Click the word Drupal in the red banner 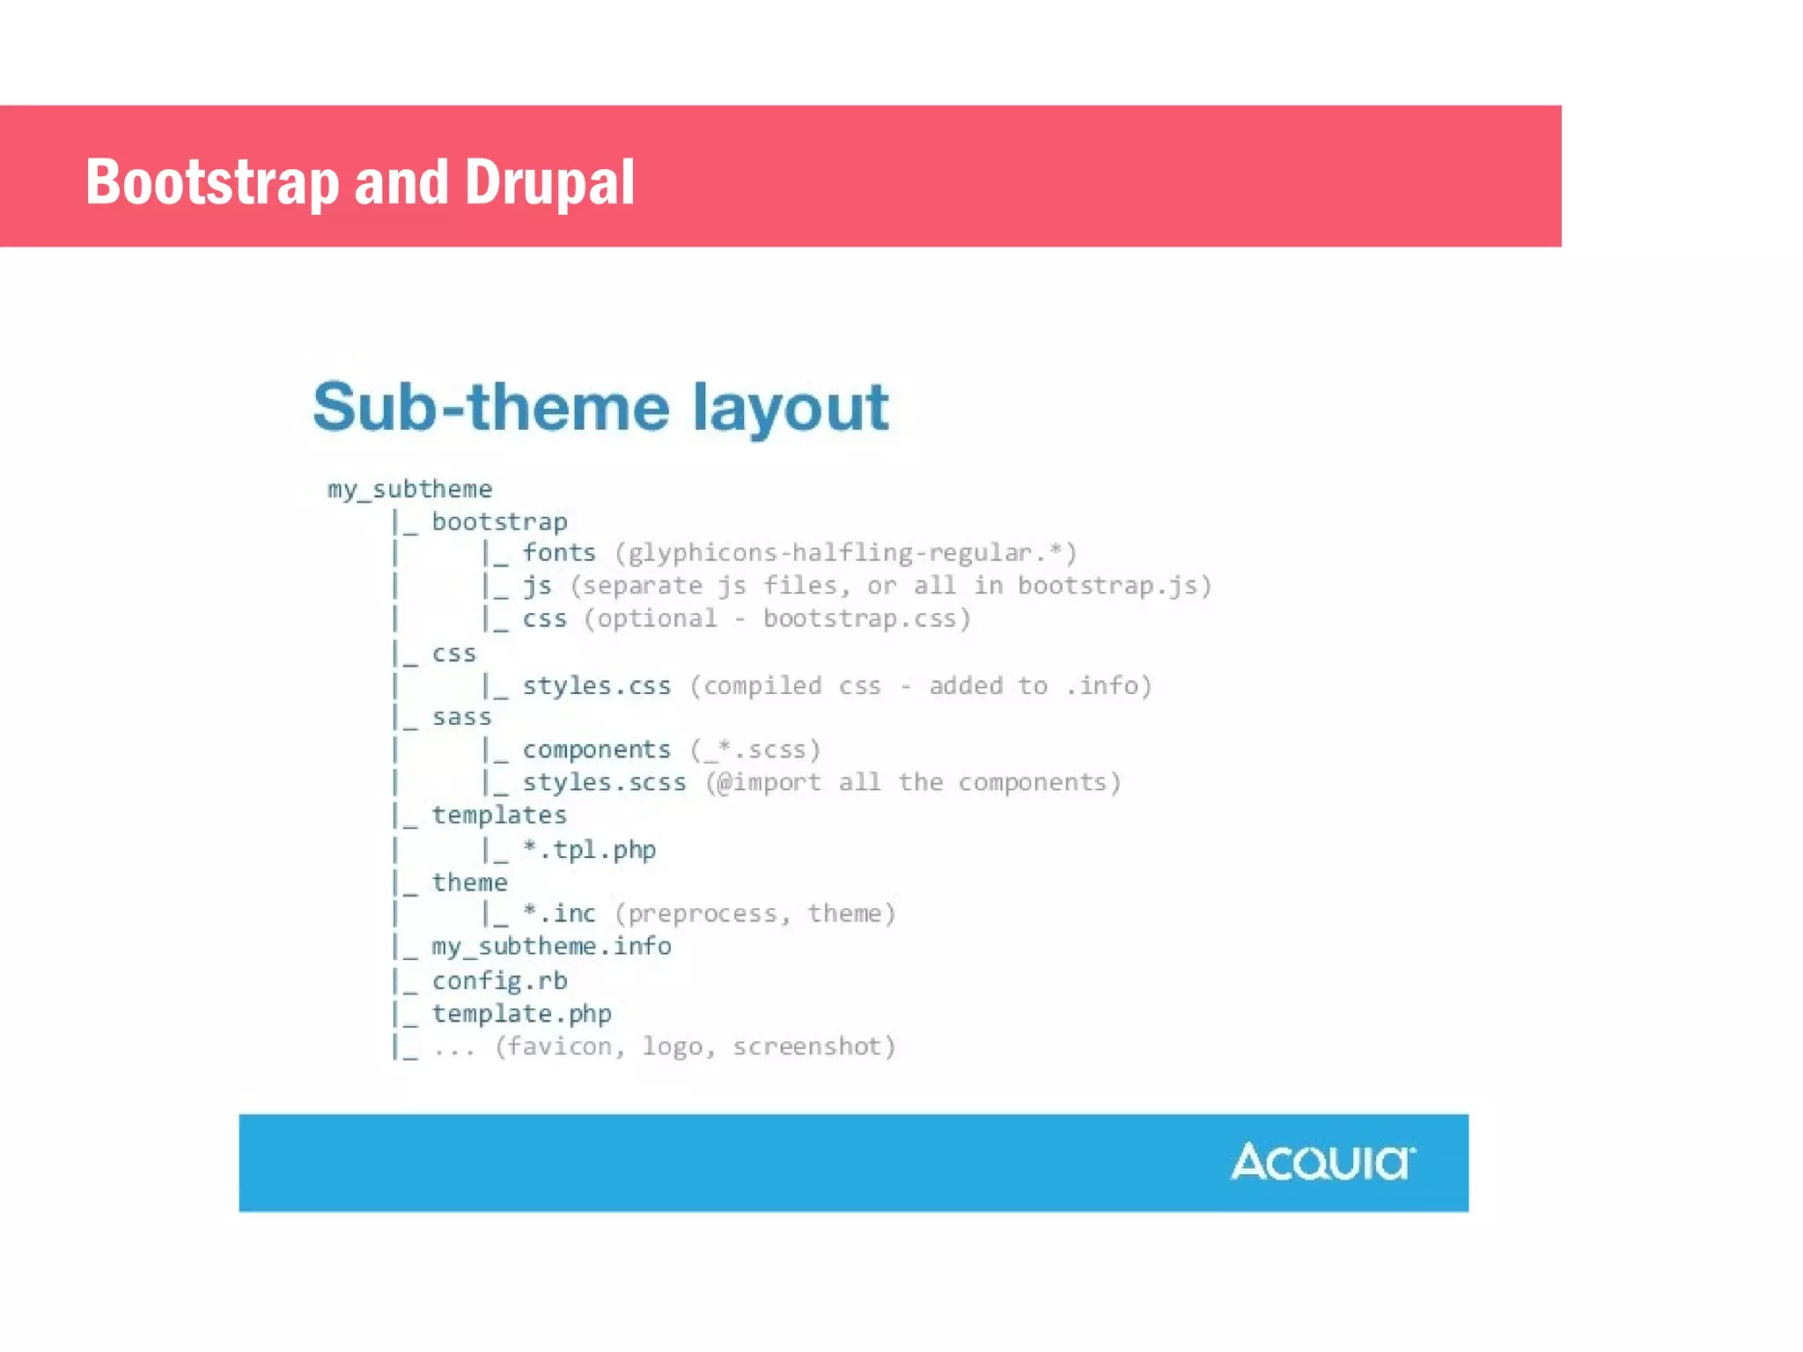click(549, 182)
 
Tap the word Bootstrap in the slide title click(211, 182)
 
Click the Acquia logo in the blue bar click(1322, 1162)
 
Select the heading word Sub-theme click(490, 407)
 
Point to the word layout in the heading click(790, 407)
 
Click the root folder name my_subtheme click(409, 489)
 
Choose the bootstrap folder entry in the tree click(499, 521)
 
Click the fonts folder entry click(559, 552)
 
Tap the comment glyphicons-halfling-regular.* click(845, 552)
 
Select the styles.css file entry click(596, 685)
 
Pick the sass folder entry click(461, 717)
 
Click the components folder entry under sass click(596, 750)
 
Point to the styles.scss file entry click(604, 782)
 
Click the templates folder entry click(499, 815)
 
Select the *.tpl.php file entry click(589, 849)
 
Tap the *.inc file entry click(559, 913)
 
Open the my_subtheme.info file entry click(551, 946)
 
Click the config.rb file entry click(499, 980)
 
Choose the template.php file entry click(521, 1013)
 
